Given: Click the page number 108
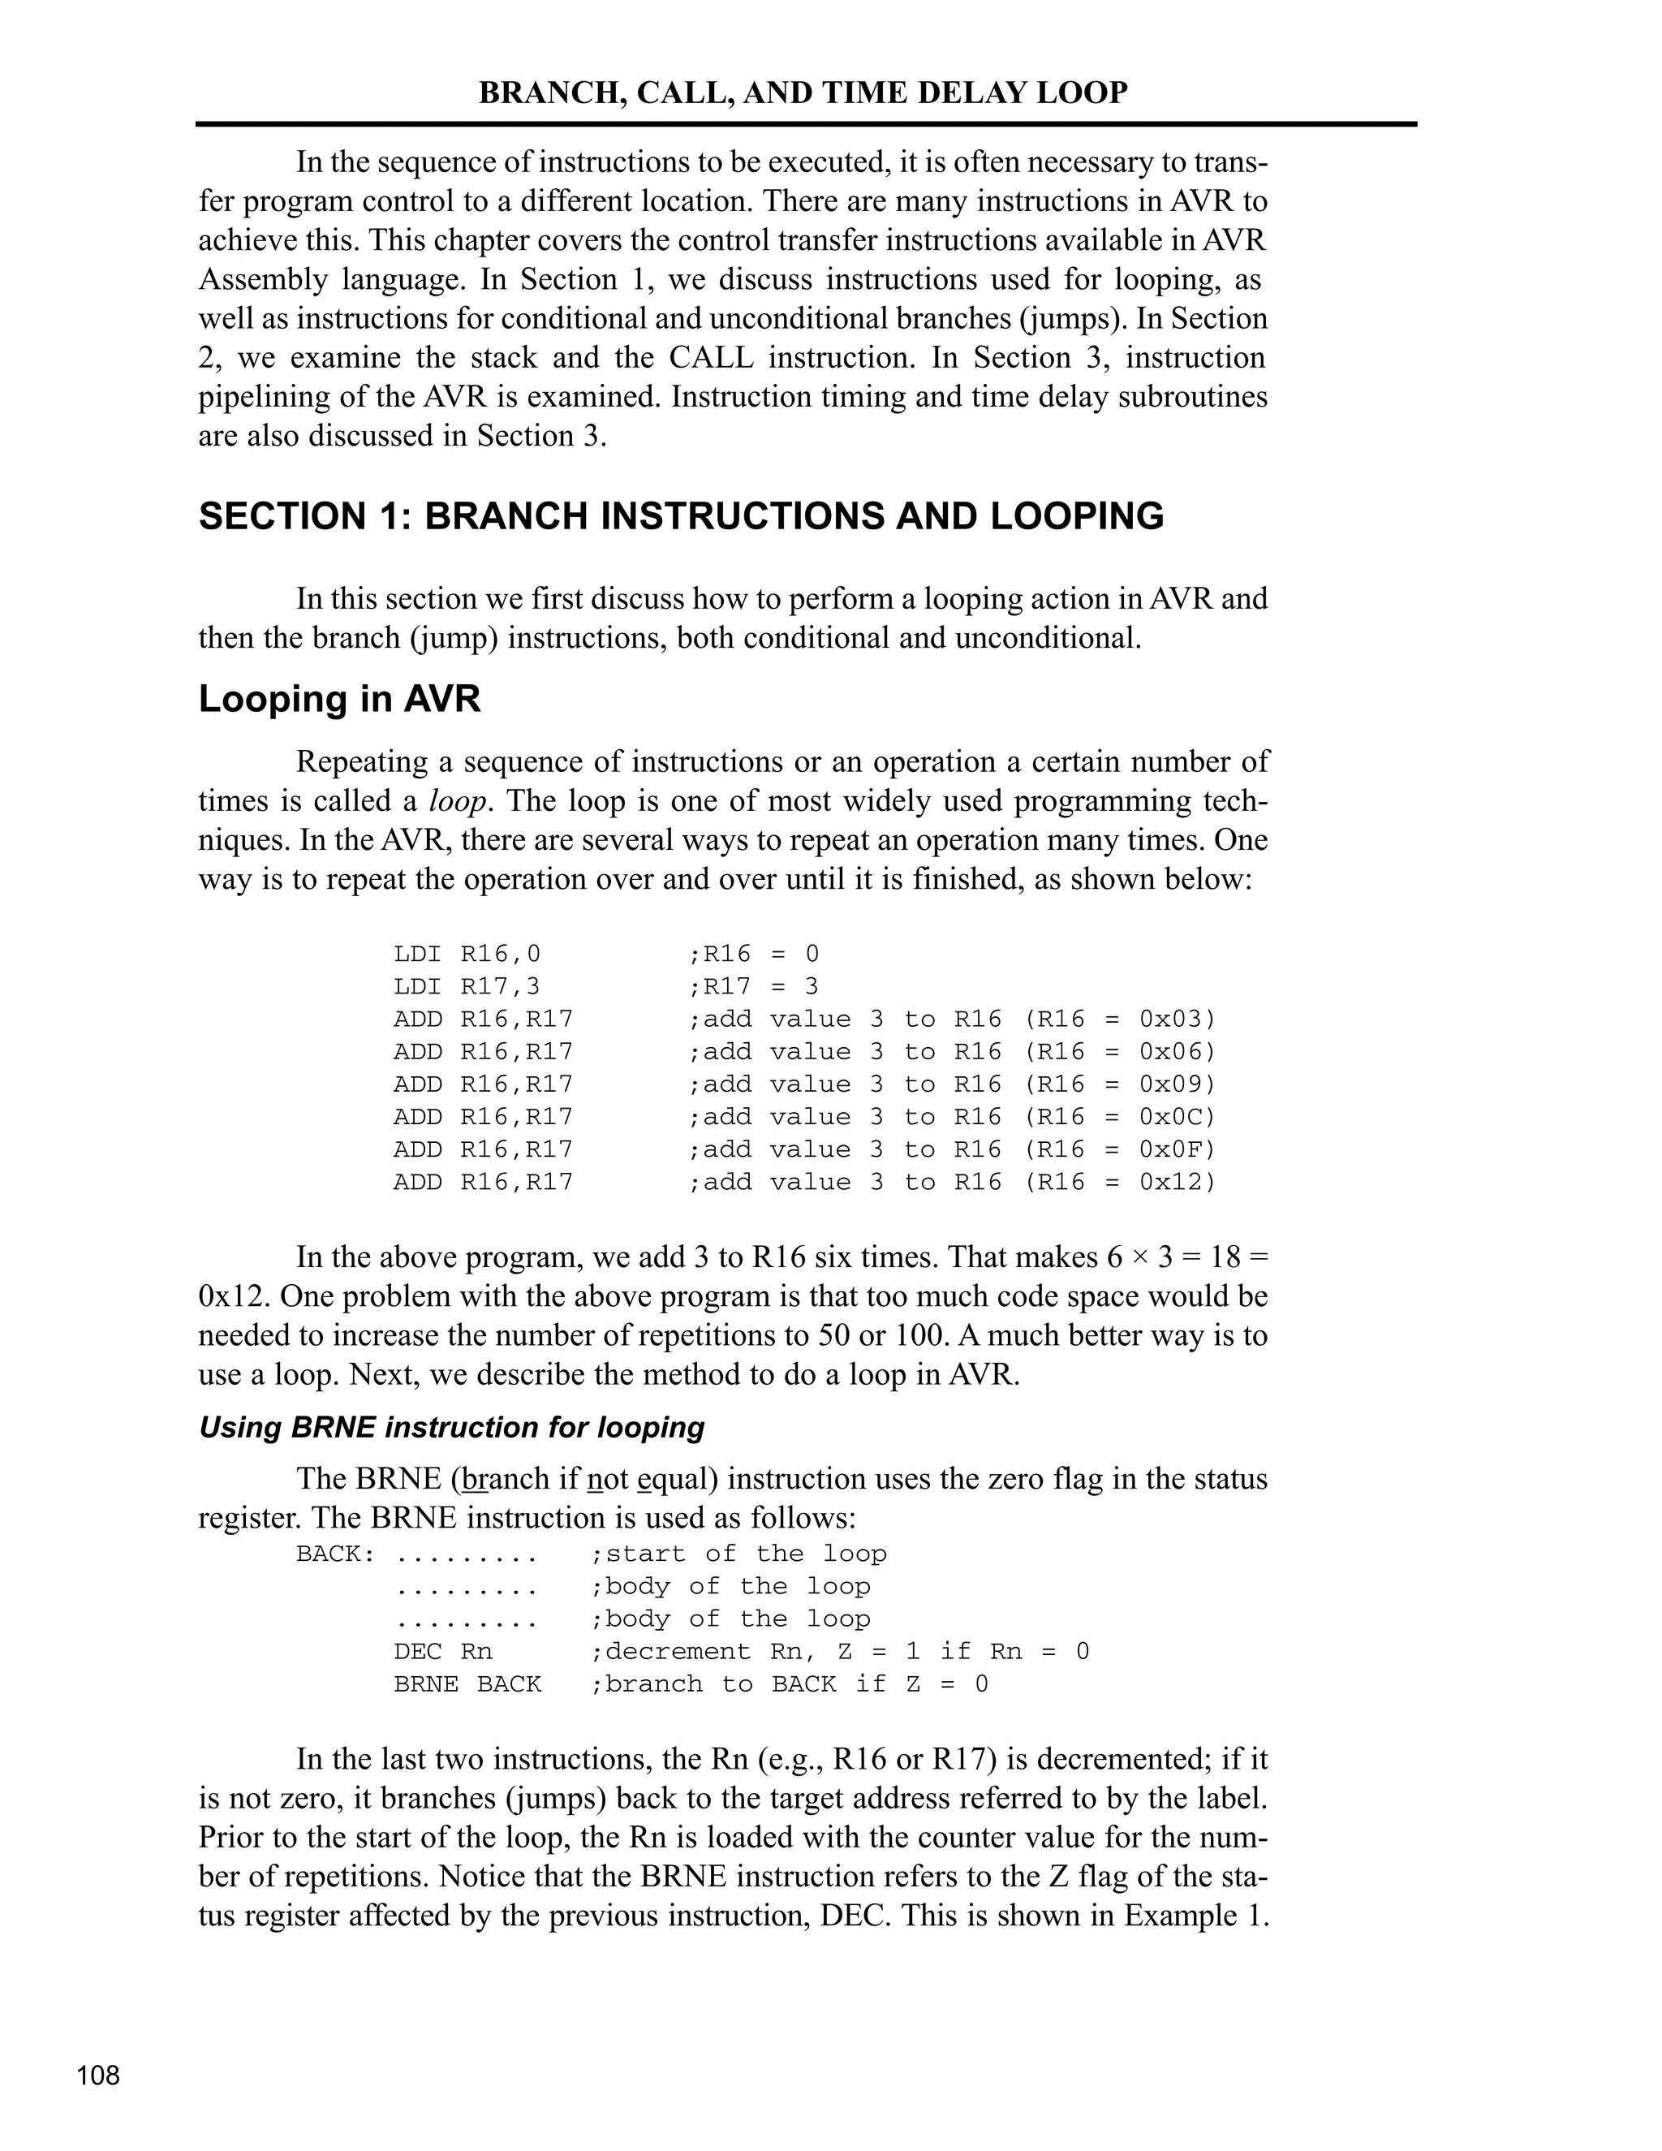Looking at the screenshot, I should (98, 2076).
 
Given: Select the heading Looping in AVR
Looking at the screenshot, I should (340, 699).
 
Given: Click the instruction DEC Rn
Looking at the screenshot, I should (443, 1652).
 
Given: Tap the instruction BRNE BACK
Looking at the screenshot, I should (467, 1684).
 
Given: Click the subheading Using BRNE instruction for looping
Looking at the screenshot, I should (452, 1427).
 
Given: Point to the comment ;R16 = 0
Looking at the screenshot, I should (753, 955).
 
